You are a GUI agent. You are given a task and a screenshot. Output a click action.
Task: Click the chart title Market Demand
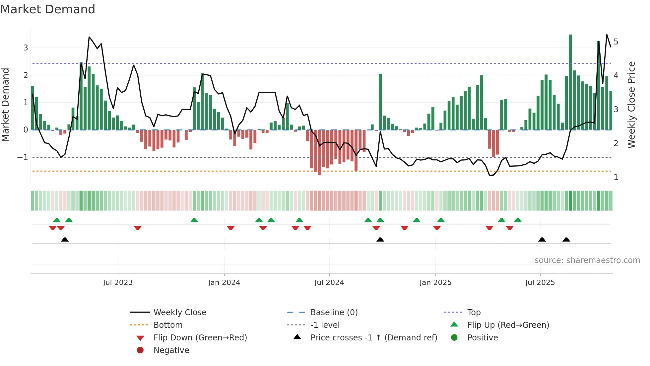point(48,9)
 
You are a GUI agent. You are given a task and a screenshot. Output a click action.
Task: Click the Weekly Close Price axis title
point(631,105)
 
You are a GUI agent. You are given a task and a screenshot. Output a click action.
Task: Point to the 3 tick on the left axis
point(26,48)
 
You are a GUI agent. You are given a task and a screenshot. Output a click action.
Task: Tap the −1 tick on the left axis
point(23,157)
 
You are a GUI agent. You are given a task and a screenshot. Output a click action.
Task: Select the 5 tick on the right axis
point(616,42)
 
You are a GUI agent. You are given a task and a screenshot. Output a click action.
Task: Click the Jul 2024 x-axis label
point(329,283)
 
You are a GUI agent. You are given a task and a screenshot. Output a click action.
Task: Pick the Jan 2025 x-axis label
point(435,283)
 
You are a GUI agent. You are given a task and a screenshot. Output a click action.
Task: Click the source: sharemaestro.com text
point(587,260)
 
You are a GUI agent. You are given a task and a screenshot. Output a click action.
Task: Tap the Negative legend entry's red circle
point(140,350)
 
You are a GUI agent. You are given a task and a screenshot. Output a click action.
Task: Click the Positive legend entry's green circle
point(454,338)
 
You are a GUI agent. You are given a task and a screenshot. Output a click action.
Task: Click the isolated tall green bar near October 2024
point(380,102)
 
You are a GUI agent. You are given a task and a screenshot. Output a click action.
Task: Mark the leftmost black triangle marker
point(65,240)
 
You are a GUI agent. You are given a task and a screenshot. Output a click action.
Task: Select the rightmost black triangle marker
point(566,240)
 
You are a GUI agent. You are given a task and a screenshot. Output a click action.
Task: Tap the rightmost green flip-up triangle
point(518,220)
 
